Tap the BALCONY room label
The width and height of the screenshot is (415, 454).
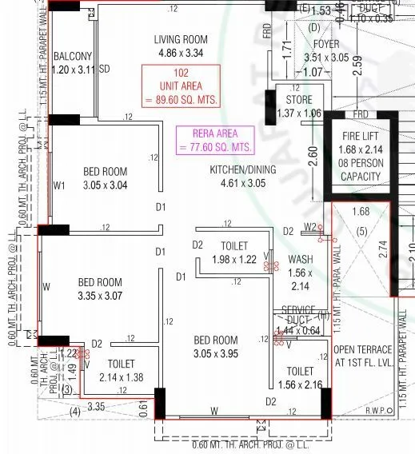click(x=73, y=56)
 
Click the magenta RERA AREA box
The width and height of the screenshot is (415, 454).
click(x=215, y=140)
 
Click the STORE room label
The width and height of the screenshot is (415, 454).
click(x=298, y=99)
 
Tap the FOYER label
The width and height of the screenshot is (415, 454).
click(x=325, y=44)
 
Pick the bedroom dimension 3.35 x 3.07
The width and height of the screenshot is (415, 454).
click(x=100, y=296)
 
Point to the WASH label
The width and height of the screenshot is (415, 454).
click(x=300, y=260)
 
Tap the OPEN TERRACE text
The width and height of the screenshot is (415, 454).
click(x=362, y=350)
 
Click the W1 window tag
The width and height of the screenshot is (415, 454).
click(x=58, y=186)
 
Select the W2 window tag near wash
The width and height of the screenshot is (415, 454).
click(x=309, y=228)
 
